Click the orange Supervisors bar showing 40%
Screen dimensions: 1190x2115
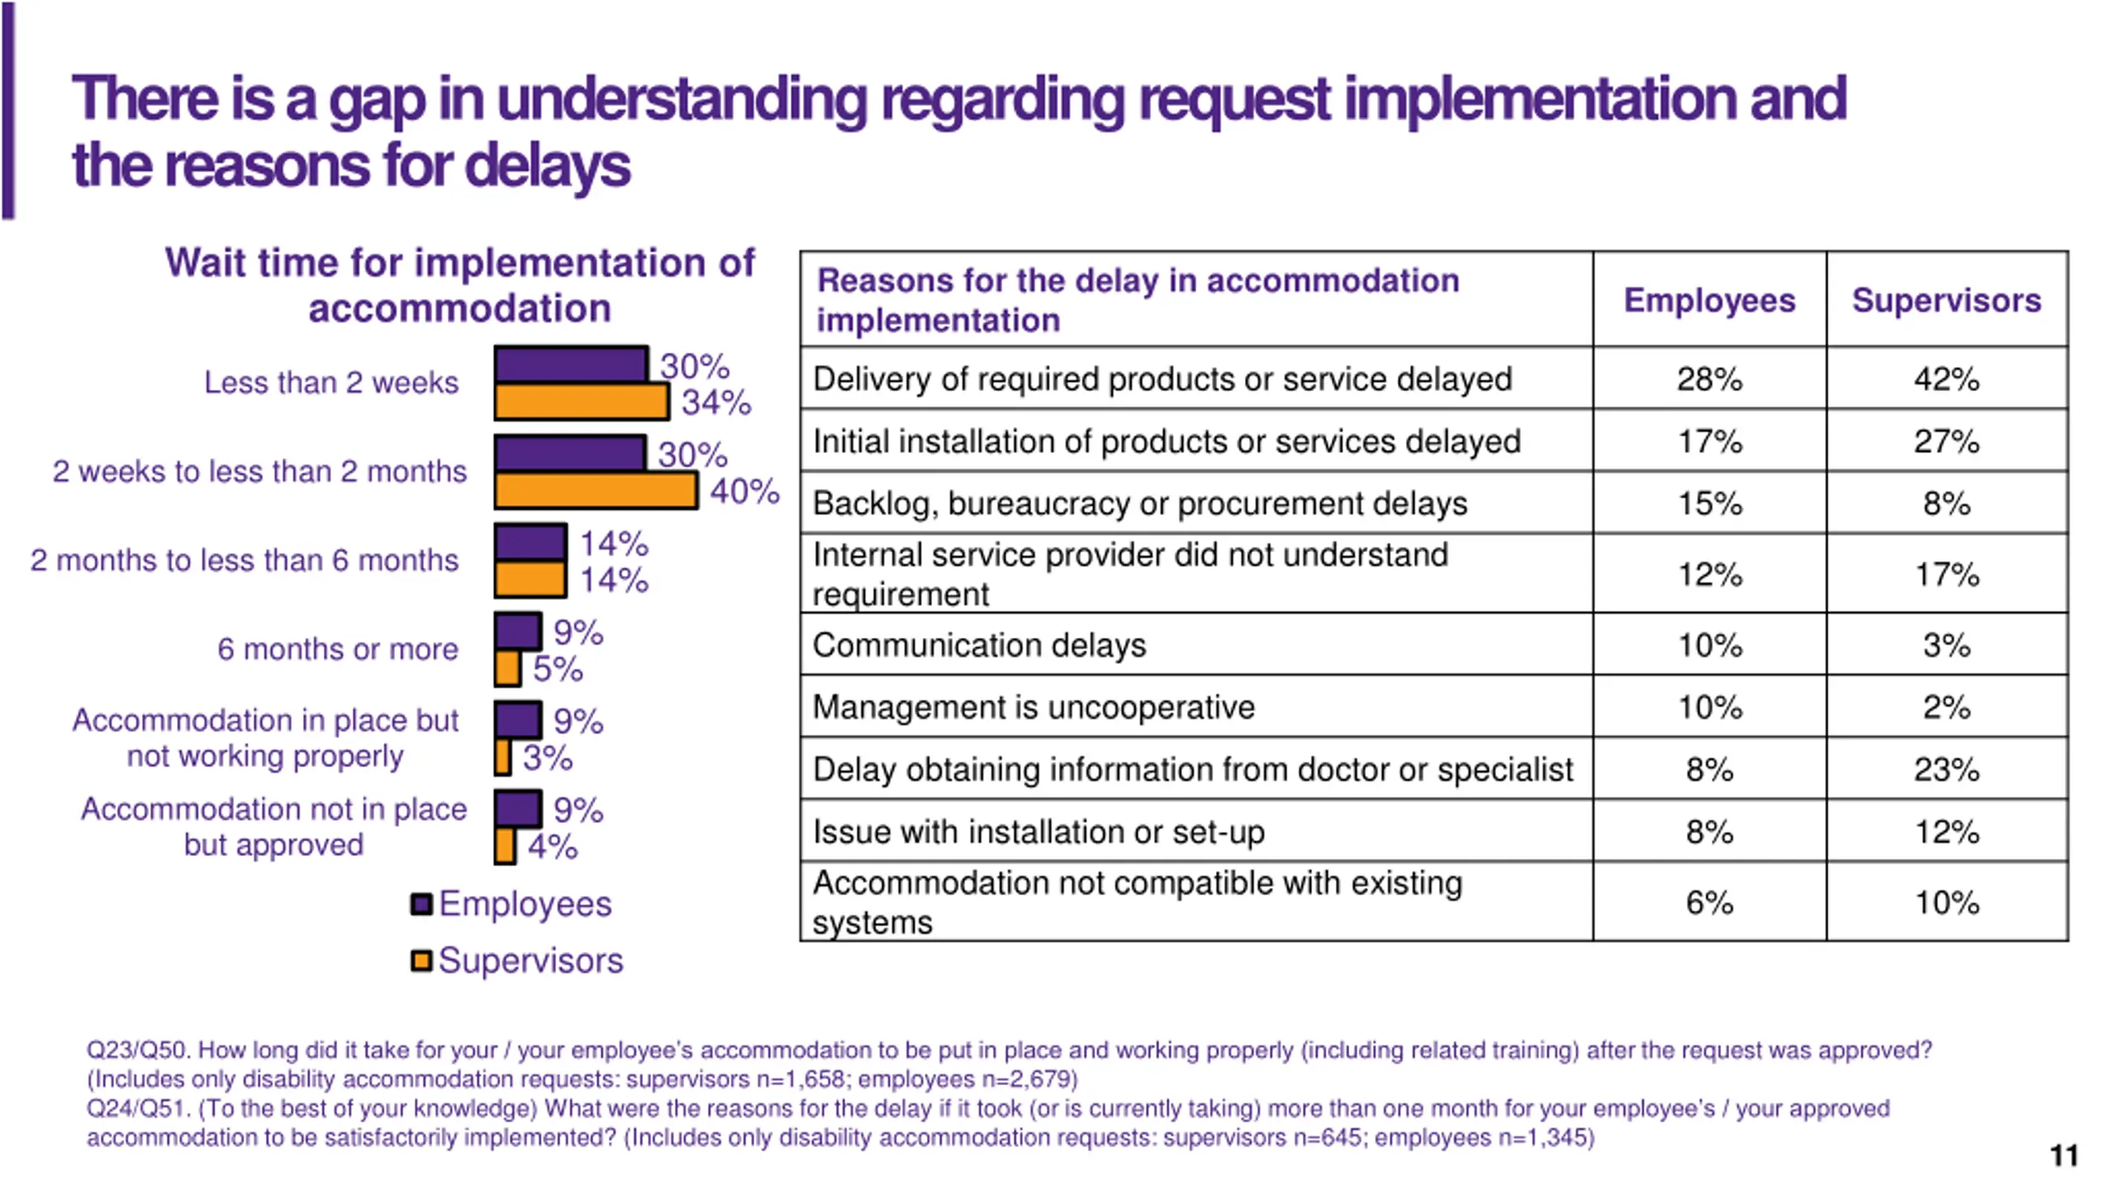click(x=595, y=491)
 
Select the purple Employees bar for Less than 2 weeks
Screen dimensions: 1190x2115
click(x=570, y=365)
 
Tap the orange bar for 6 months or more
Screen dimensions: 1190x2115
click(x=507, y=669)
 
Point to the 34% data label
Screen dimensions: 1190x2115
click(x=715, y=403)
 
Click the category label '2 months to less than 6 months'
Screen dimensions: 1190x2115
click(x=245, y=560)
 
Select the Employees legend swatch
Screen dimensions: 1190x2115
click(x=421, y=904)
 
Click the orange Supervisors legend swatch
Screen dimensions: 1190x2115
click(x=421, y=960)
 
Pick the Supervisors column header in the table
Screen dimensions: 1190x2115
click(x=1946, y=300)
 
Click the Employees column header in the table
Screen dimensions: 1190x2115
click(x=1709, y=300)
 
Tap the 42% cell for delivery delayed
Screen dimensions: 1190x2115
click(x=1946, y=379)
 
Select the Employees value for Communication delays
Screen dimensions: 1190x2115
click(x=1709, y=645)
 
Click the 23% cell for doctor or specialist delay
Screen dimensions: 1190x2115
click(x=1946, y=769)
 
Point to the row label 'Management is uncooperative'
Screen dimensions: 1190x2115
click(x=1033, y=707)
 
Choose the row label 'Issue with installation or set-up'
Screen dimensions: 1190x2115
click(x=1038, y=831)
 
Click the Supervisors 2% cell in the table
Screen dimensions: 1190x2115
click(x=1946, y=707)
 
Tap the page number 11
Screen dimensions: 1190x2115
click(x=2063, y=1155)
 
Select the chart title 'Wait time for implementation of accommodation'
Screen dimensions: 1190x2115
click(x=459, y=285)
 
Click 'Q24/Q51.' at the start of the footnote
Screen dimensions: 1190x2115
click(x=138, y=1109)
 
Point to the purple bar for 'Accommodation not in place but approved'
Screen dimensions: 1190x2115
click(x=517, y=809)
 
